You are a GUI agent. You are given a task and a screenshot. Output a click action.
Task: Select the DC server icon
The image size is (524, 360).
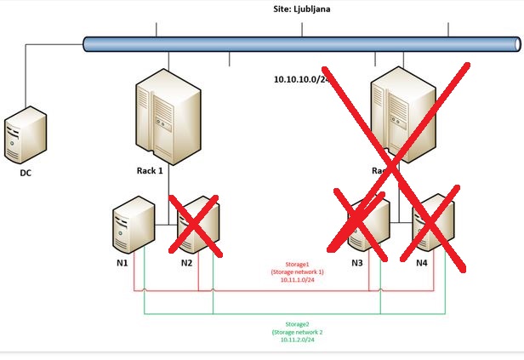point(25,134)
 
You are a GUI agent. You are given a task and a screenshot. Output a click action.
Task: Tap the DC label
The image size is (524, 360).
point(26,173)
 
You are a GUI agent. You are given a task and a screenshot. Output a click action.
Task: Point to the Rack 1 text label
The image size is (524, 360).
point(149,170)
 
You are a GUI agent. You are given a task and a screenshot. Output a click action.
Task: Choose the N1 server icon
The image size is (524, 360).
point(134,225)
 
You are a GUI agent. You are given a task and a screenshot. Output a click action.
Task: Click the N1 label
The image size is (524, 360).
point(122,263)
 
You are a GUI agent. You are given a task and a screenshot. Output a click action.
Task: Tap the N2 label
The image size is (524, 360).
point(187,263)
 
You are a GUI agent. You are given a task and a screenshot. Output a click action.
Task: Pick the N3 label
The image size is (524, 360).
point(357,263)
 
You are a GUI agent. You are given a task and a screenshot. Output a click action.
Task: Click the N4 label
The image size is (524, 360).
point(422,263)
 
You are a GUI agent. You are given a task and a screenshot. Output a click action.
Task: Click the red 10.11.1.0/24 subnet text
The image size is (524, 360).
point(298,278)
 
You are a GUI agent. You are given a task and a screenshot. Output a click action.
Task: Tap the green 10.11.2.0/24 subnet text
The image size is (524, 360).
point(298,340)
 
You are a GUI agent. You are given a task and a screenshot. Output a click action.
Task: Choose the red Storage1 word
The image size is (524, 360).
point(297,265)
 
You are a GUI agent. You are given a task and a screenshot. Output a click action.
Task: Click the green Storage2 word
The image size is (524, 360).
point(298,324)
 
